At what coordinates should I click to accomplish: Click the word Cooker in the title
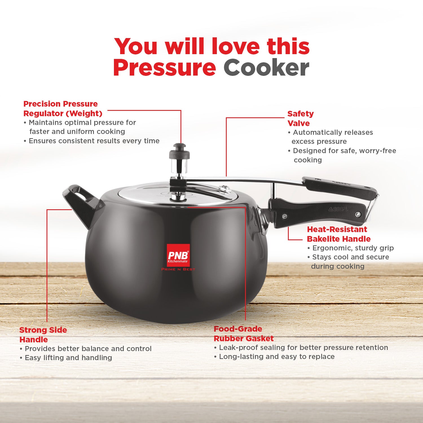point(266,68)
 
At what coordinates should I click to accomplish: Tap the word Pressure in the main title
point(164,68)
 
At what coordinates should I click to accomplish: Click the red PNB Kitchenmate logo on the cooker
point(178,255)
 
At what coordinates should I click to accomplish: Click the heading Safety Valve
point(300,118)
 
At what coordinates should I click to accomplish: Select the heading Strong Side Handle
point(43,335)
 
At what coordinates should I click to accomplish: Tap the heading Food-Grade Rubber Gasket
point(244,334)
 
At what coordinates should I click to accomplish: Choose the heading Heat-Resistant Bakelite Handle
point(339,234)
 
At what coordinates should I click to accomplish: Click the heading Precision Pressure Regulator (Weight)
point(63,109)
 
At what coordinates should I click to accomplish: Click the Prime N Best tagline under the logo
point(178,269)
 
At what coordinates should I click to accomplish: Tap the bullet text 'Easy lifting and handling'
point(66,358)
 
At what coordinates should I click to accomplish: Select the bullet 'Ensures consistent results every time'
point(92,141)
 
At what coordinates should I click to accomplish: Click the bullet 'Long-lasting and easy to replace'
point(274,357)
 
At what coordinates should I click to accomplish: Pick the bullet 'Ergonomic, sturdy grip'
point(351,248)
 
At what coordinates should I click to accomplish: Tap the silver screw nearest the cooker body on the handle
point(285,217)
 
